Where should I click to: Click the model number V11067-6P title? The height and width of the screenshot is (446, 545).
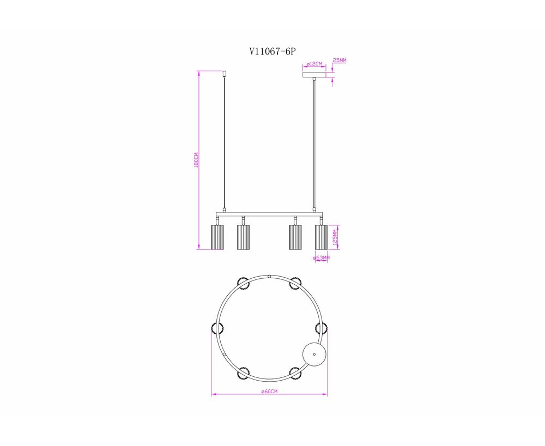pyautogui.click(x=272, y=51)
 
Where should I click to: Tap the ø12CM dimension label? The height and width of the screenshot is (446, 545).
pyautogui.click(x=314, y=64)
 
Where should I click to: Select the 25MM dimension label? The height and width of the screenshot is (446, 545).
pyautogui.click(x=340, y=60)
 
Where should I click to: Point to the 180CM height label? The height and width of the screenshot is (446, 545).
pyautogui.click(x=196, y=160)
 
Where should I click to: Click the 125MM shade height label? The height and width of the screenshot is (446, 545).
pyautogui.click(x=335, y=237)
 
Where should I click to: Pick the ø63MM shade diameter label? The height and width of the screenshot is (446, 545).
pyautogui.click(x=321, y=258)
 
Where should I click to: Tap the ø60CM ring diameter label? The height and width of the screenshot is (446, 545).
pyautogui.click(x=269, y=392)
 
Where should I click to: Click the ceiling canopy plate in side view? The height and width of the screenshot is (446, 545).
pyautogui.click(x=314, y=75)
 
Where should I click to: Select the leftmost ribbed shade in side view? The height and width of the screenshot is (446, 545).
pyautogui.click(x=217, y=237)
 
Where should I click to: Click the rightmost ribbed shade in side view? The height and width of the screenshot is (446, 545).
pyautogui.click(x=321, y=237)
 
